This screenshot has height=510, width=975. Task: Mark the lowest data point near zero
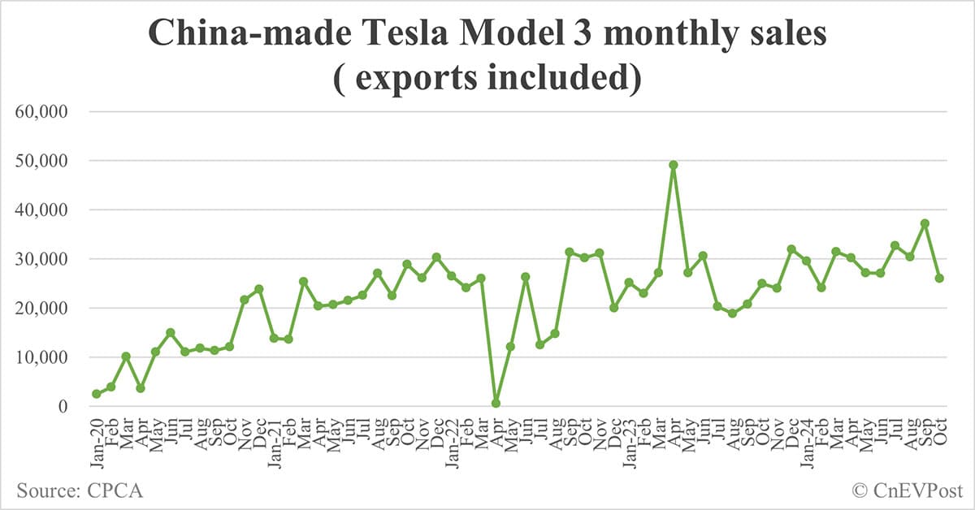pos(496,403)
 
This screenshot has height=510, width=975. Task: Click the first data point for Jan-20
pos(97,394)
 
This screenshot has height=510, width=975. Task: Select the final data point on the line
pos(939,278)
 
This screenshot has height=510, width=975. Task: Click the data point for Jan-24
pos(806,261)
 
